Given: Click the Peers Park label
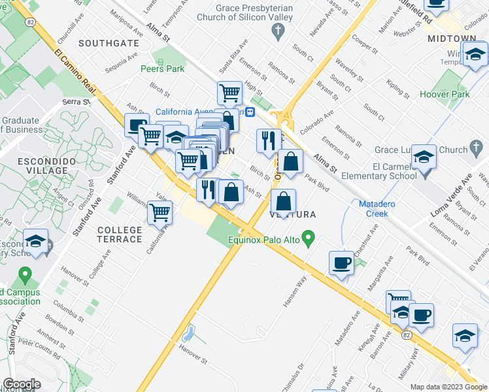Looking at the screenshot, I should tap(158, 68).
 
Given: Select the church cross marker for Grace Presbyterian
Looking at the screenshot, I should tap(278, 31).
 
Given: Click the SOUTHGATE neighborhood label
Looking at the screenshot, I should tap(109, 43).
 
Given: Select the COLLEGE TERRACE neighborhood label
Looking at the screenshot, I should tap(120, 235).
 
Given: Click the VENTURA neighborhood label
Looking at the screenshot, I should tap(293, 214).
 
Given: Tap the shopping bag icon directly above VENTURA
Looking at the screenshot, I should tap(282, 201).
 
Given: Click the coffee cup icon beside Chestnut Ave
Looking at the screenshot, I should tap(342, 263).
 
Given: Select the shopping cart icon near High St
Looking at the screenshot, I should tap(229, 93).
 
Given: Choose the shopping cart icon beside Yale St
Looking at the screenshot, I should tap(160, 212).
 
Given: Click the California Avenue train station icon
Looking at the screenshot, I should tap(249, 112).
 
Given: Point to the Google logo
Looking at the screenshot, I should tap(22, 384).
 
